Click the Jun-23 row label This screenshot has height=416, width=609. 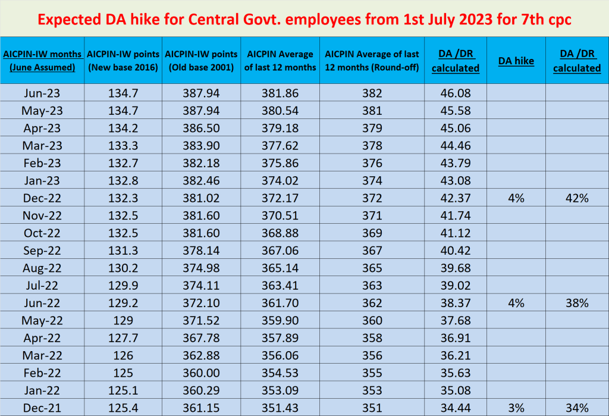coord(42,93)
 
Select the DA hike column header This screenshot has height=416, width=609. coord(516,61)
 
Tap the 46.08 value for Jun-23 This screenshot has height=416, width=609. coord(455,93)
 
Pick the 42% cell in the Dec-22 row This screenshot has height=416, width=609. coord(576,198)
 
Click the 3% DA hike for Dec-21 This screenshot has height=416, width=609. coord(516,408)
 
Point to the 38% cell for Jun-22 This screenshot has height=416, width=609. coord(576,303)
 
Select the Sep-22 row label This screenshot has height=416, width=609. coord(42,251)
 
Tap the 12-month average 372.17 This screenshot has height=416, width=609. coord(280,198)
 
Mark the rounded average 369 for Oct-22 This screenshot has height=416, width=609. coord(372,233)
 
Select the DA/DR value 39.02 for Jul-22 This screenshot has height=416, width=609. coord(455,286)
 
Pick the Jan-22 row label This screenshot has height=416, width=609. coord(42,390)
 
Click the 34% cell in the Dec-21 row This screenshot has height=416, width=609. coord(576,408)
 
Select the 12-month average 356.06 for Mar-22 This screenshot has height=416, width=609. coord(280,355)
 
